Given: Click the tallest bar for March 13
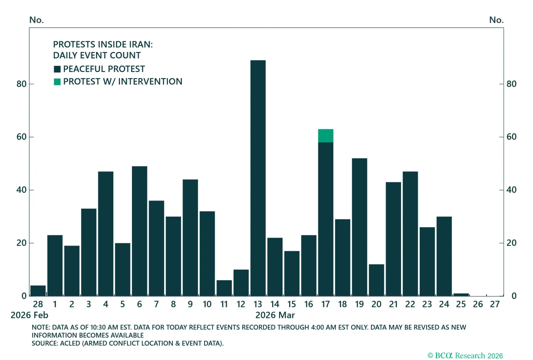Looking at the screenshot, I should (x=258, y=178).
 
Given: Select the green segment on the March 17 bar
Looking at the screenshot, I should (x=325, y=136).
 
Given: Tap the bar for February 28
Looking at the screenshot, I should (x=38, y=291).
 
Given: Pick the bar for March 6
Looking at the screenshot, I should (x=139, y=231).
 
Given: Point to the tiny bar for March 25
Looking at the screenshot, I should (x=461, y=295).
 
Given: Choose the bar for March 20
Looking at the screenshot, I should (x=376, y=280).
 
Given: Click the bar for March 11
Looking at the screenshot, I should (x=224, y=288).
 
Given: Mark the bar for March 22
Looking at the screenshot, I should (x=410, y=233).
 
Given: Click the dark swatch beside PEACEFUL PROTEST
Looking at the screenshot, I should (x=57, y=69).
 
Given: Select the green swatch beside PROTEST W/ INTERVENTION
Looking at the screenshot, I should (x=57, y=82).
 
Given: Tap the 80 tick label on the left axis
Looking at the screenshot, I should (x=22, y=84).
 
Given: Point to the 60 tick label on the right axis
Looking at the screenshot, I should (x=511, y=137).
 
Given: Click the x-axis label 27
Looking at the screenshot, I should (x=495, y=304).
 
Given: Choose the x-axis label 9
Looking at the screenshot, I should (x=190, y=304).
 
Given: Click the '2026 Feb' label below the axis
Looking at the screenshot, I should (x=29, y=315).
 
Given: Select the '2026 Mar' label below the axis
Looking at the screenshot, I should (x=275, y=315).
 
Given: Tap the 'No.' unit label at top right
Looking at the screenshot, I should (x=496, y=20).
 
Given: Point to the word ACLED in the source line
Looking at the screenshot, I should (x=70, y=343).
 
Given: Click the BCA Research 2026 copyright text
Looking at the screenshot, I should (x=465, y=356).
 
